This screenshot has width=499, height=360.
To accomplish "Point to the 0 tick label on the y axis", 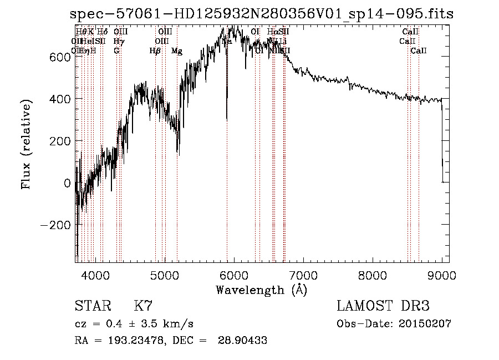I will pos(67,183).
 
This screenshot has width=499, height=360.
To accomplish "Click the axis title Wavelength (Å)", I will pos(261,290).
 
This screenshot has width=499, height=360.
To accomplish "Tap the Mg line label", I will pos(177,51).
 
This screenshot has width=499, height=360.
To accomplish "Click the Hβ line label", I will pos(155,51).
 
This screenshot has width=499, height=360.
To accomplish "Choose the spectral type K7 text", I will pos(143,306).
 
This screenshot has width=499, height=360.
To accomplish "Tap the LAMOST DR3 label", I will pos(383,306).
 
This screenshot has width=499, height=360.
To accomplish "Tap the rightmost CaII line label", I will pos(419,51).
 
